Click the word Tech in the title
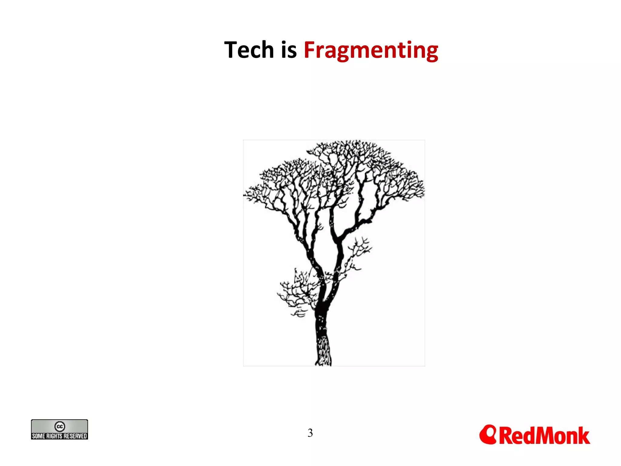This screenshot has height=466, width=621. tap(249, 50)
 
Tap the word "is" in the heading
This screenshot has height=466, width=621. tap(289, 50)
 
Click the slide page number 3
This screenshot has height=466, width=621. tap(310, 433)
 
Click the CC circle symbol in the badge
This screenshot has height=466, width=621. tap(59, 426)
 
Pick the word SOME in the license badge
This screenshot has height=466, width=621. tap(39, 436)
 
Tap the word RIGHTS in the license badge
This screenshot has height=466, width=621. tap(54, 436)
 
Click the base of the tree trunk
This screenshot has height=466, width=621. tap(323, 363)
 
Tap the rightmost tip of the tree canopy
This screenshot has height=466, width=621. tap(424, 190)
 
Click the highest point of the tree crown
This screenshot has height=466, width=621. tap(358, 141)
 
